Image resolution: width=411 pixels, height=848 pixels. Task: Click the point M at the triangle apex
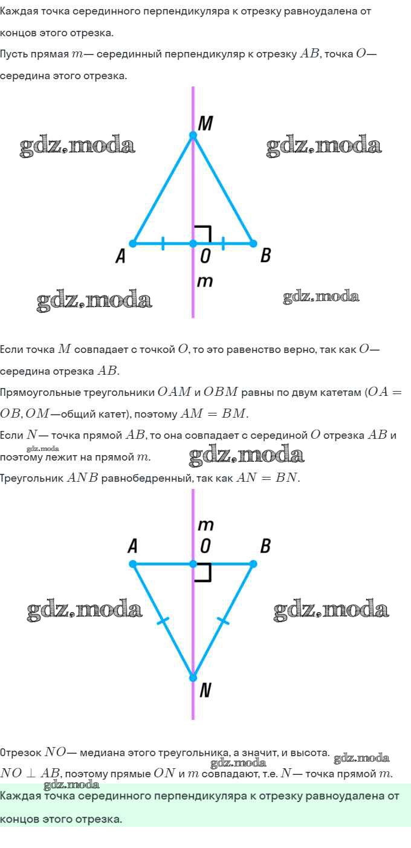click(193, 135)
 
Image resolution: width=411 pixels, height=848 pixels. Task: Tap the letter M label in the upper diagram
click(205, 123)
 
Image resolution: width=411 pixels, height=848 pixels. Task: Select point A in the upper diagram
click(133, 244)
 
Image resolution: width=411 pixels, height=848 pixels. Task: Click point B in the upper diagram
click(253, 244)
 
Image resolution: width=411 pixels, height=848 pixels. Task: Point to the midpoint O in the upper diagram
click(193, 244)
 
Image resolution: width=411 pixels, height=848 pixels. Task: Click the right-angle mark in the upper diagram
click(203, 233)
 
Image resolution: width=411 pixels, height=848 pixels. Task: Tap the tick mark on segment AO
click(163, 244)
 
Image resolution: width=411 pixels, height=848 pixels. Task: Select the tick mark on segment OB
click(223, 244)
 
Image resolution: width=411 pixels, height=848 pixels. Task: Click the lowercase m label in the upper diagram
click(205, 281)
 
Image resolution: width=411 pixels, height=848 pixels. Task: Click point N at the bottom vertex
click(193, 678)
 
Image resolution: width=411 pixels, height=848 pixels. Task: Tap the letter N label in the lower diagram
click(205, 690)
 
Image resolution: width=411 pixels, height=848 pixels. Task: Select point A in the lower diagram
click(133, 564)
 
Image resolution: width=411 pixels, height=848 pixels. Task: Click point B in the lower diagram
click(253, 564)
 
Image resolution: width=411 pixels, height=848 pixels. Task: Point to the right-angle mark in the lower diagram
click(203, 574)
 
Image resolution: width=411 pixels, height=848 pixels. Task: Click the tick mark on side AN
click(163, 621)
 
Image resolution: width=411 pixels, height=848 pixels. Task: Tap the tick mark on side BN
click(223, 621)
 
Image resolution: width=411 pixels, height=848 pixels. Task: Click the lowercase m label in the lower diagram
click(205, 525)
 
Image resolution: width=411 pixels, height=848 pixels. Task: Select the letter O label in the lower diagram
click(205, 546)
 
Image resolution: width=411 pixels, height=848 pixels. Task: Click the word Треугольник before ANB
click(32, 478)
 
